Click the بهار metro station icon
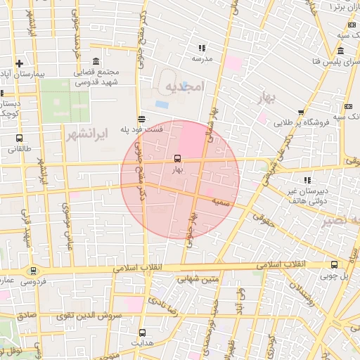176,158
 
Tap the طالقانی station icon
19,139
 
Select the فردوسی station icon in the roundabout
32,271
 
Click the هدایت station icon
143,332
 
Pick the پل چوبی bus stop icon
334,265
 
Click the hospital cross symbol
20,63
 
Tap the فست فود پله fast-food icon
142,119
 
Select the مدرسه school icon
202,49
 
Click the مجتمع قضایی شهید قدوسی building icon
96,62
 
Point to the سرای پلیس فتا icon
340,51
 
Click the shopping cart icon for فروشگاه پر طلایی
300,112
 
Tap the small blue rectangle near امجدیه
162,105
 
